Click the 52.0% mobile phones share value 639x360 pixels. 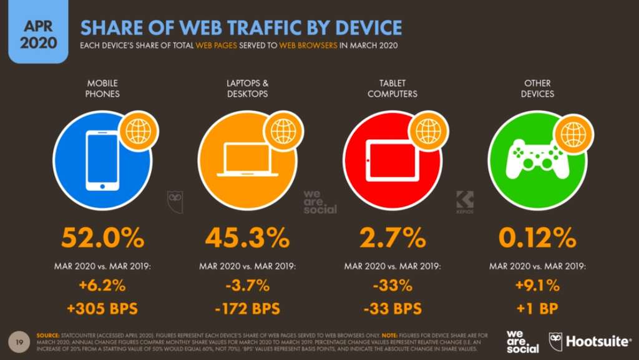tap(103, 238)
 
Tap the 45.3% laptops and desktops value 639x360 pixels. tap(248, 238)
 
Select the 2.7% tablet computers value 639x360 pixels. tap(393, 238)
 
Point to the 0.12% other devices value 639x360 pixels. tap(537, 238)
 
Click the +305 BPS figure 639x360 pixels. tap(103, 308)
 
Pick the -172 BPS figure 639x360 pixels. tap(248, 308)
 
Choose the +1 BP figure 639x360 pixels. tap(537, 308)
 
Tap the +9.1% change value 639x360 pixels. tap(537, 286)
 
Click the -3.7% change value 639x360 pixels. tap(248, 286)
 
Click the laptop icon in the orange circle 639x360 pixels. tap(247, 160)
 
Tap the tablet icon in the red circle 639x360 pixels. tap(392, 160)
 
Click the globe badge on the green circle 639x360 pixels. tap(572, 134)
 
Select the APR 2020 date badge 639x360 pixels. tap(32, 32)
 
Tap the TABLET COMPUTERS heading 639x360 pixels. tap(393, 89)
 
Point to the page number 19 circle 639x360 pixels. tap(19, 341)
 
